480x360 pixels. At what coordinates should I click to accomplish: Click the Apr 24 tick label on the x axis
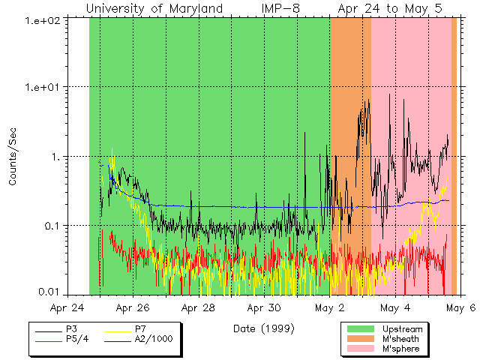pyautogui.click(x=67, y=307)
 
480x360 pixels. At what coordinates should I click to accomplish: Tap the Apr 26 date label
pyautogui.click(x=133, y=307)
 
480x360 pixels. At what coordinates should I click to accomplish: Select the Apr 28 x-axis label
pyautogui.click(x=199, y=307)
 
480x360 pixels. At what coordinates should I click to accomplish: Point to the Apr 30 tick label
pyautogui.click(x=264, y=307)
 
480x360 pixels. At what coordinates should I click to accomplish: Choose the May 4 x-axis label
pyautogui.click(x=395, y=307)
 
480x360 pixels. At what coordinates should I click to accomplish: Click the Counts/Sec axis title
pyautogui.click(x=13, y=157)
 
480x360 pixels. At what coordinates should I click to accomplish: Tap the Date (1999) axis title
pyautogui.click(x=263, y=328)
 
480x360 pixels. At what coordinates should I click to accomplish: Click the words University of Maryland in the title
pyautogui.click(x=154, y=9)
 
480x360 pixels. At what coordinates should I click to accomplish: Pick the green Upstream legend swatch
pyautogui.click(x=360, y=329)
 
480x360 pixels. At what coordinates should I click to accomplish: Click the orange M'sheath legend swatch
pyautogui.click(x=360, y=339)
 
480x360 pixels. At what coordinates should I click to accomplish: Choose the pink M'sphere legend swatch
pyautogui.click(x=360, y=349)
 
